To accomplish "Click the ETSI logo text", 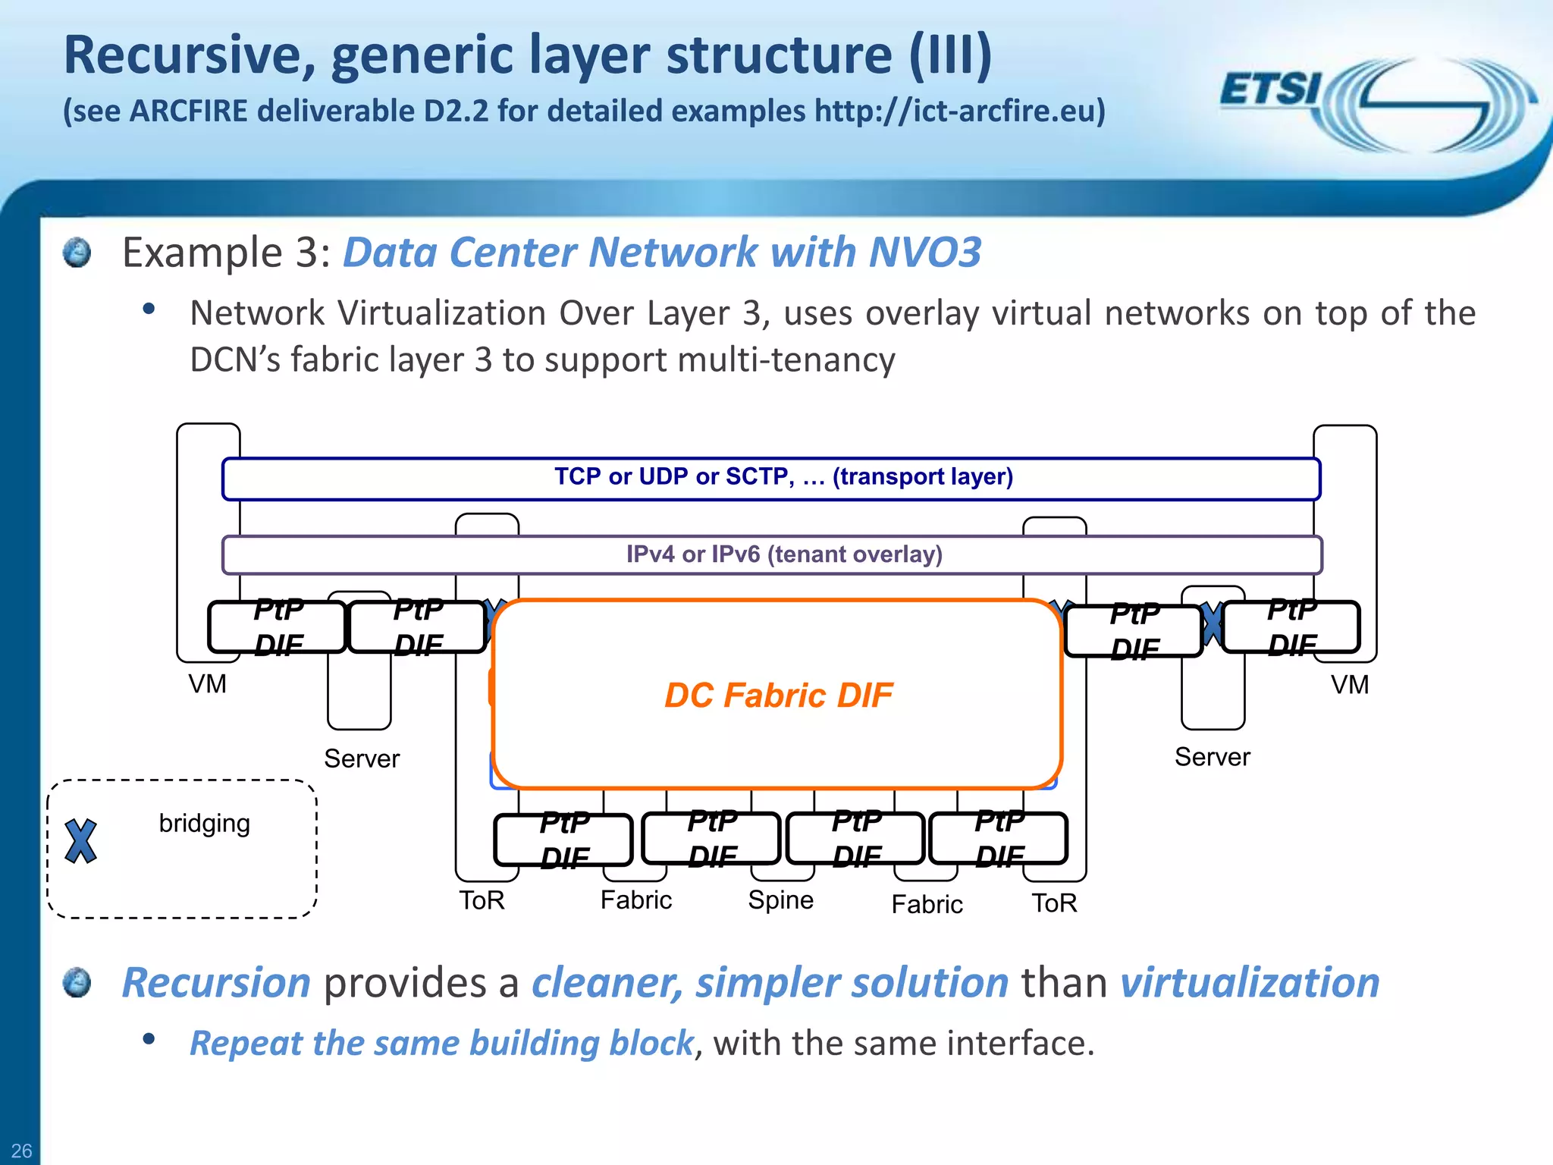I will (1271, 89).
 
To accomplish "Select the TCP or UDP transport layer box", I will (770, 478).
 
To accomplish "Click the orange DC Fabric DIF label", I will (778, 696).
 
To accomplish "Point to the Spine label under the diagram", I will (780, 900).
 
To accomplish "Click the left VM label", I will (207, 684).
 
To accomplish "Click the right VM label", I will (1350, 685).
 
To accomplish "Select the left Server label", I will (362, 758).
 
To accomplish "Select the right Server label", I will (1212, 757).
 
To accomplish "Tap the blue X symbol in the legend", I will (80, 841).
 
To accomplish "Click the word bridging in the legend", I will (204, 824).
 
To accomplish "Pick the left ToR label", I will (482, 901).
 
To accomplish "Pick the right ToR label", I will (1054, 903).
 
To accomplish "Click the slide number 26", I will (21, 1151).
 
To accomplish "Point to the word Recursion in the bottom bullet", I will (217, 983).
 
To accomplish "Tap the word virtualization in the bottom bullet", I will (1250, 983).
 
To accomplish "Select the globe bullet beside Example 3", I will (77, 253).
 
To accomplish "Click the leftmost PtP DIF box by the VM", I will (278, 627).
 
